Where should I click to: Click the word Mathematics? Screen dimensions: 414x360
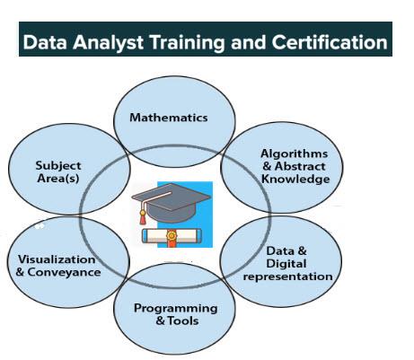click(x=169, y=118)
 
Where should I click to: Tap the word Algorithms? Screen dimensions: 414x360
click(x=295, y=154)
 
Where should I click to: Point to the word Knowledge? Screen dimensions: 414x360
click(x=295, y=180)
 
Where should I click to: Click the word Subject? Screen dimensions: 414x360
click(x=58, y=166)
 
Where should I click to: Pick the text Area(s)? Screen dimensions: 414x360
click(x=58, y=179)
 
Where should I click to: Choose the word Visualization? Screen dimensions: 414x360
click(x=57, y=259)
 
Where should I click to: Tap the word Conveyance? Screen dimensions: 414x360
click(x=64, y=272)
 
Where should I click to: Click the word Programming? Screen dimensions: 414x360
click(x=176, y=309)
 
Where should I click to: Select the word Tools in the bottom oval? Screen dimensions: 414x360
click(x=183, y=320)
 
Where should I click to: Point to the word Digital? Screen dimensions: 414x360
click(x=286, y=264)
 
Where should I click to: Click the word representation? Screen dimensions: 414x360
click(x=287, y=277)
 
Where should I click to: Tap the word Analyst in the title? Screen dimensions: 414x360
click(x=108, y=42)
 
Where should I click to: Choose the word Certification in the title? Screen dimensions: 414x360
click(x=330, y=42)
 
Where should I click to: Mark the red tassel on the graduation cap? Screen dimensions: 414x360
click(x=143, y=217)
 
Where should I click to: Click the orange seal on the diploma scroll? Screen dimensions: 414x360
click(x=172, y=236)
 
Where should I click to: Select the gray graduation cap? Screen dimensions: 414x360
click(x=171, y=202)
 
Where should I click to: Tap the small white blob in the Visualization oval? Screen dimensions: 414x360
click(x=40, y=226)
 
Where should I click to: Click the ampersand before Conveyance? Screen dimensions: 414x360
click(x=20, y=272)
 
